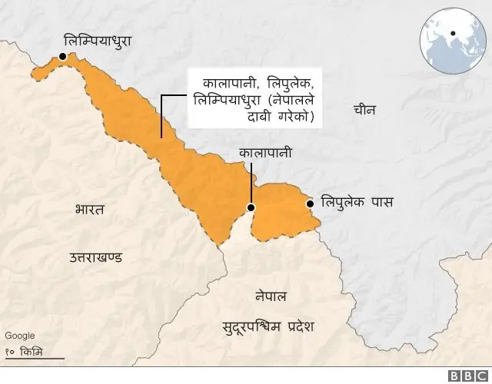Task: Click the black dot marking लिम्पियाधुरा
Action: [x=61, y=57]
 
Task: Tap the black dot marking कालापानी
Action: [x=251, y=208]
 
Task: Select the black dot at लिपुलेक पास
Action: [x=309, y=204]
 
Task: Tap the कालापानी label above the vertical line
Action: [x=266, y=153]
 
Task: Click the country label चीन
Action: [x=364, y=110]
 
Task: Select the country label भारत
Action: [x=90, y=209]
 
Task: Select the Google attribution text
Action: [x=20, y=336]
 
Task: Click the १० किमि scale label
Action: [x=25, y=351]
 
